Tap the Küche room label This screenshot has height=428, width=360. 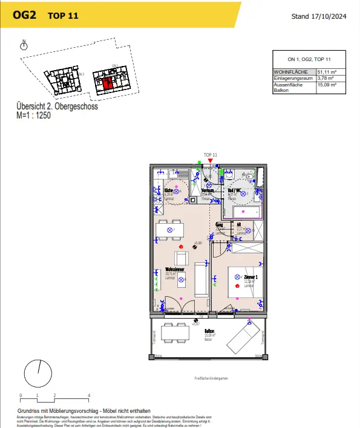tap(168, 191)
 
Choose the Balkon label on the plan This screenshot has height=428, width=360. tap(209, 331)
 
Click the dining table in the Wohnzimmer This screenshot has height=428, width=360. tap(170, 230)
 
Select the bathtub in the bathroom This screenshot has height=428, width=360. tap(243, 212)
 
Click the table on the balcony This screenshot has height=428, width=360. tap(174, 332)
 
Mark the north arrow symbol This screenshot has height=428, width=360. tap(24, 45)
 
